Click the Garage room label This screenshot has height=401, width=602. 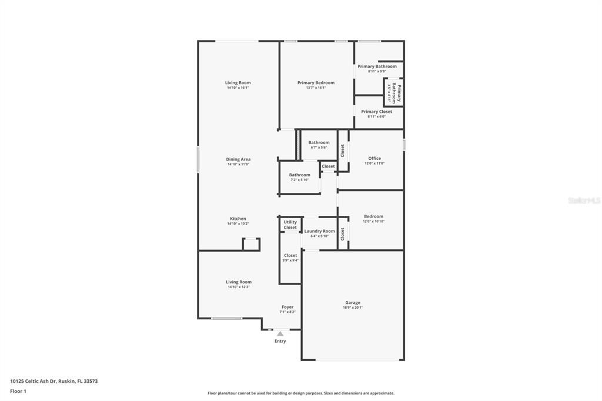353,303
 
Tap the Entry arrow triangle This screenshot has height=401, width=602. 280,334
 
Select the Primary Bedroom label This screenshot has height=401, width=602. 316,83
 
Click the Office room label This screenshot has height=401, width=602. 374,158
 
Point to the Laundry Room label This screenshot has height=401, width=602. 319,231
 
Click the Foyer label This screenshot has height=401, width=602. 287,307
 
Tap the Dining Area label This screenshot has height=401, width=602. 238,159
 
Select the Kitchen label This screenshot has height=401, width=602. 238,219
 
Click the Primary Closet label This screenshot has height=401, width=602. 376,112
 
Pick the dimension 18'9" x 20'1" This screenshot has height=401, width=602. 353,308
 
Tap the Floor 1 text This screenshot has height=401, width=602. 18,391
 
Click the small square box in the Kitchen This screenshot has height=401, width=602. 251,244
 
